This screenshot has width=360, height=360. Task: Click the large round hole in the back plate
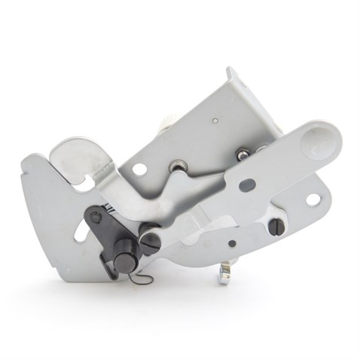coord(140,169)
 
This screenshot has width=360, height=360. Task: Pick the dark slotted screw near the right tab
coord(277,226)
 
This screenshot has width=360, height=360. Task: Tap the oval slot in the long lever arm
coord(247,185)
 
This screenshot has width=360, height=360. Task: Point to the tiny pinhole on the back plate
coord(215,119)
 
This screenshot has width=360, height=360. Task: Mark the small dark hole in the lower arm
coord(232,243)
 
